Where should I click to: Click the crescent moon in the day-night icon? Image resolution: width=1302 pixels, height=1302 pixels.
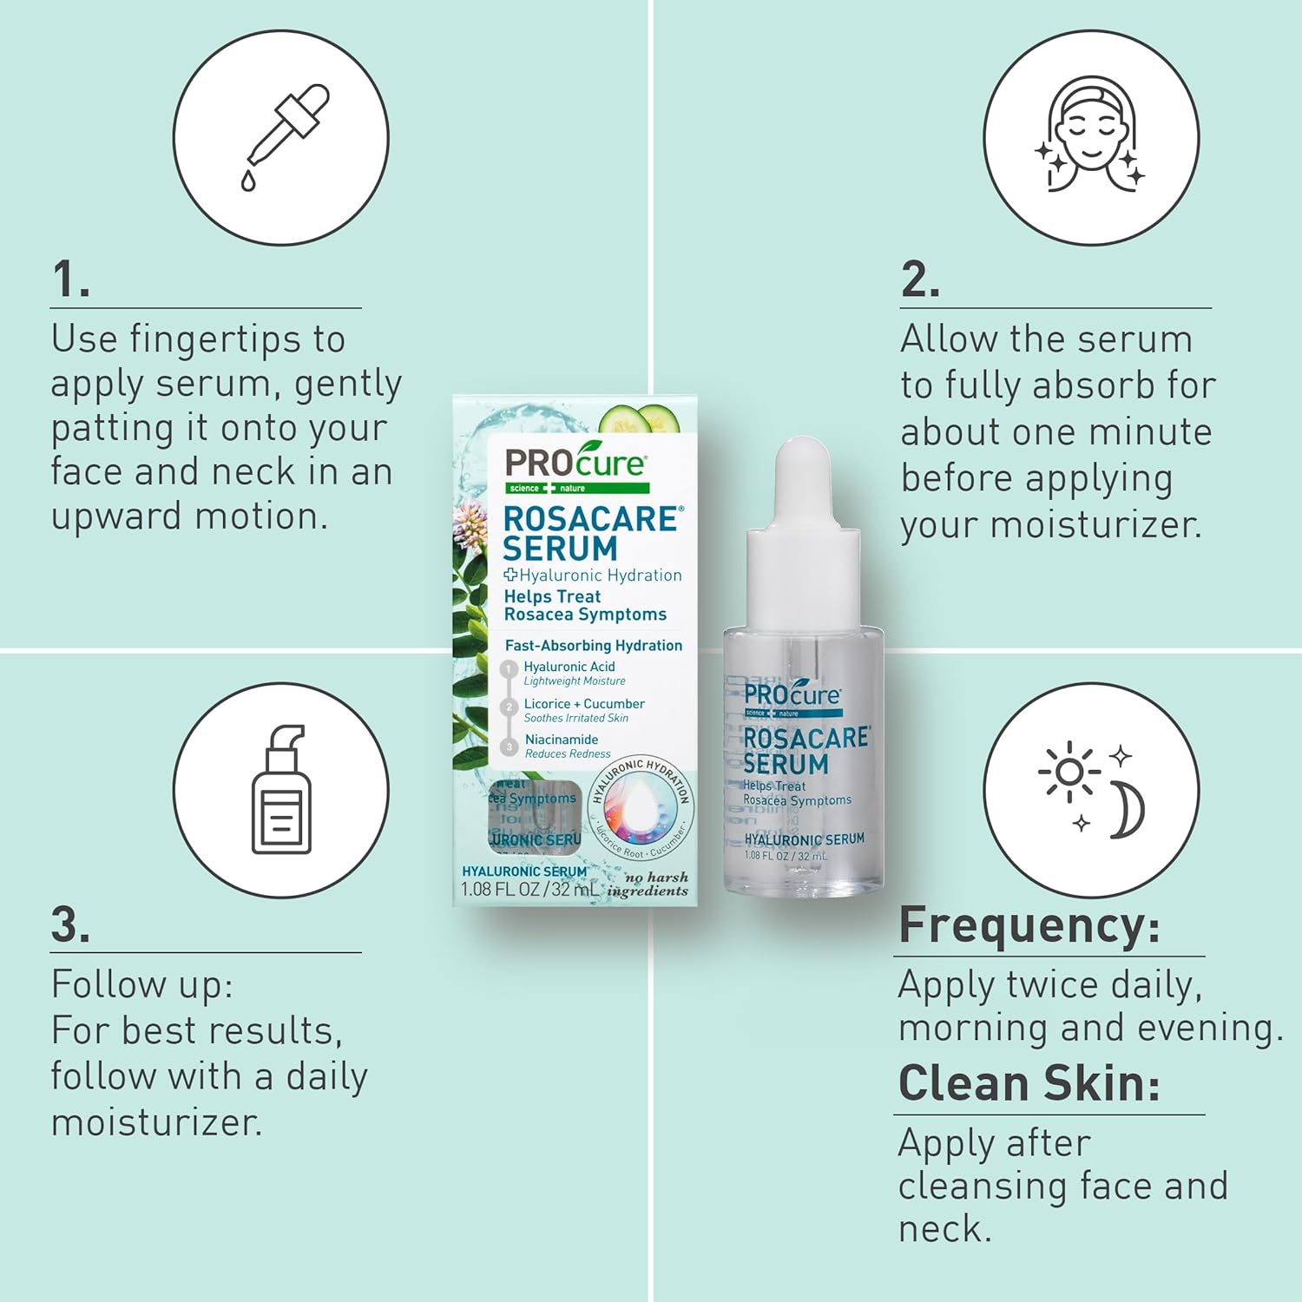1129,809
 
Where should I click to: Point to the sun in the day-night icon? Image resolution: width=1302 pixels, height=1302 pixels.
1069,771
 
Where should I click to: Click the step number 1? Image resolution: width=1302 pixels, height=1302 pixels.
70,280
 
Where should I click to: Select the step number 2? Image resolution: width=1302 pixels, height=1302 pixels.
920,280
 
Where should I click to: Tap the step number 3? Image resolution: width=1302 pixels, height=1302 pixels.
70,925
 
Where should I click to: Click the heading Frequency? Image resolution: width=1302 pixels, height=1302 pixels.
1029,925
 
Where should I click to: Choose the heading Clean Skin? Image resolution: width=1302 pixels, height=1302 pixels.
1029,1083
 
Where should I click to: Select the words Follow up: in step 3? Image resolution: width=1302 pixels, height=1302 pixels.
142,985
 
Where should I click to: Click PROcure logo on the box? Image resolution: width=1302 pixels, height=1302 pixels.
575,464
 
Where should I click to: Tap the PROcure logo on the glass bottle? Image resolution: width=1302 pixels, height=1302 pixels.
791,696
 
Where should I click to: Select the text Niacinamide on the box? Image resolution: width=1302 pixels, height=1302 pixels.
561,740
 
